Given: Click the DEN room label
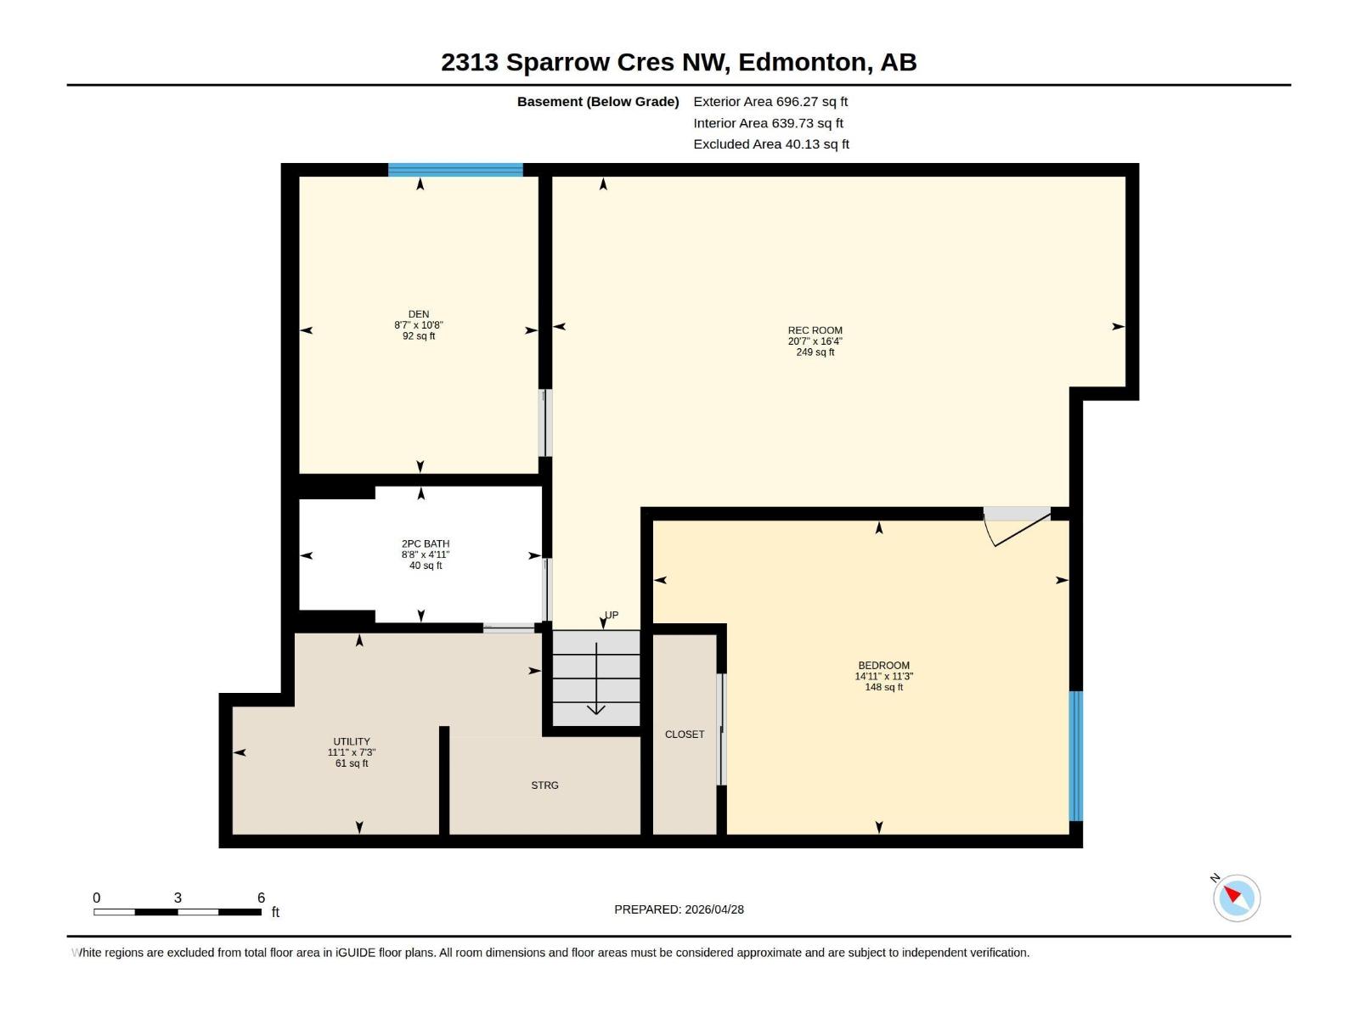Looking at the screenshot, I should pos(418,314).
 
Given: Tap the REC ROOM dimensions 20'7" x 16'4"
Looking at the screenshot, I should pos(815,341).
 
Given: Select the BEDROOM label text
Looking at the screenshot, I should pos(883,666).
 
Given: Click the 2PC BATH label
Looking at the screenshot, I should pos(426,543).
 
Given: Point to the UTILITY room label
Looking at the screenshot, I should pos(352,741).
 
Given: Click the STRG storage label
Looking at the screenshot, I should pos(544,785).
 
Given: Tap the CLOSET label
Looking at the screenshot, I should pos(685,735).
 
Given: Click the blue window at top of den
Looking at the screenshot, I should pos(455,170).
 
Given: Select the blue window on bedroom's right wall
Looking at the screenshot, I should pos(1075,756).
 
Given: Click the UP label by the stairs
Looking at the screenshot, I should pos(612,615).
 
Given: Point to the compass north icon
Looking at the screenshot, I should pos(1236,898).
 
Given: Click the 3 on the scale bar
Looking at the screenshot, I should pos(178,898).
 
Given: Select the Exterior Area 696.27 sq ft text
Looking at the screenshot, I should pos(770,101).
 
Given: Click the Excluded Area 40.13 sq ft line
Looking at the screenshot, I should pos(770,144).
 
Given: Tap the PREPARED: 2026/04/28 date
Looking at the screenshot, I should pos(679,909).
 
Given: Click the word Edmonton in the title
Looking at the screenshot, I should pos(802,62).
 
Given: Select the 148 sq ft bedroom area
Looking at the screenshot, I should pos(883,687).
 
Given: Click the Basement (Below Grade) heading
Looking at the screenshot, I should pos(598,101).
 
